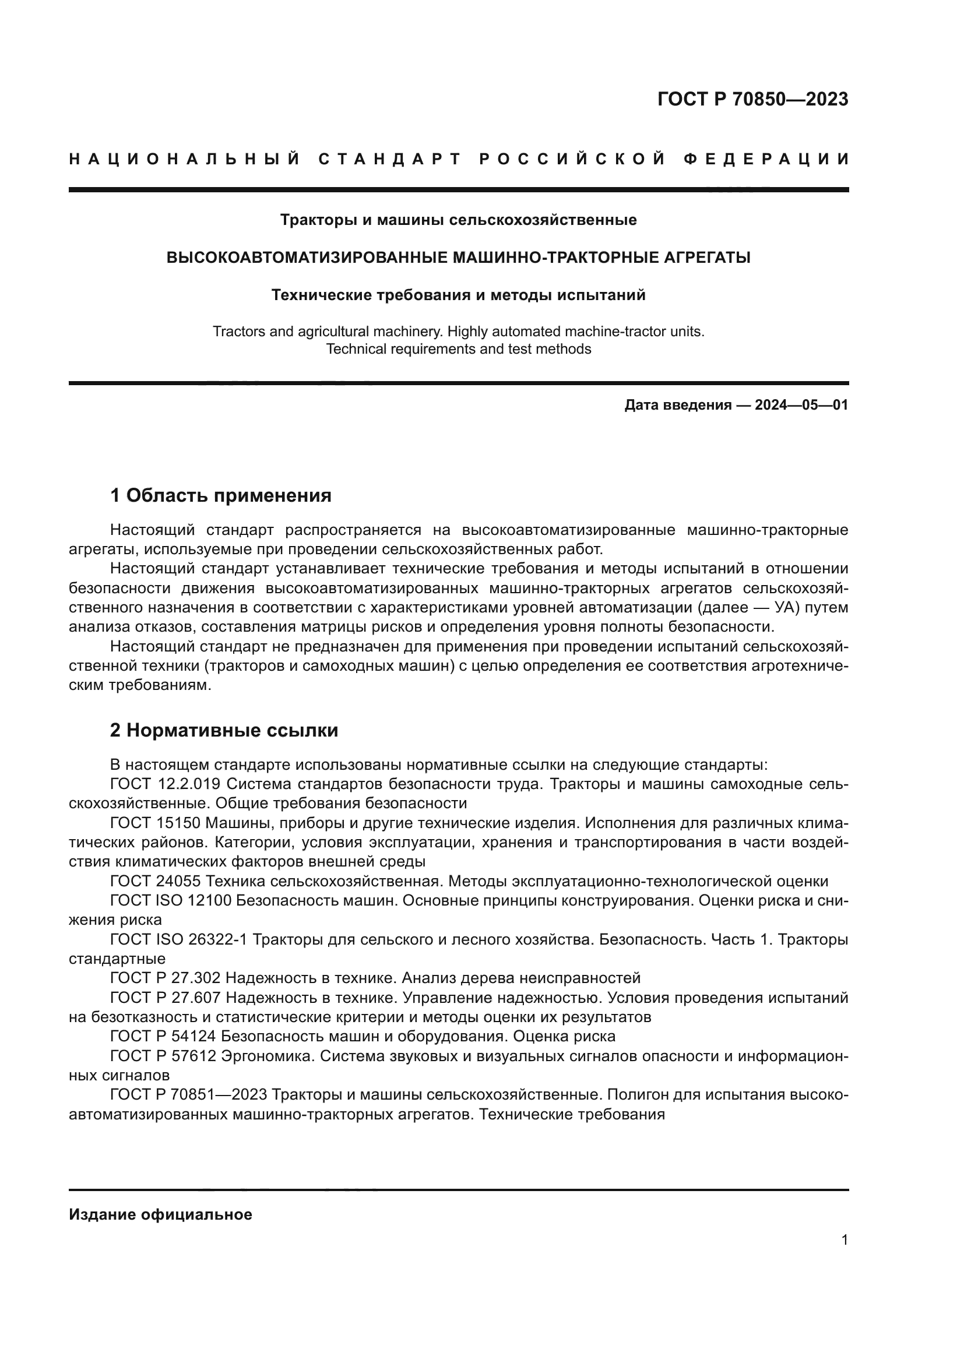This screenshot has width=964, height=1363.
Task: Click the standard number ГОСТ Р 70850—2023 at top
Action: tap(752, 99)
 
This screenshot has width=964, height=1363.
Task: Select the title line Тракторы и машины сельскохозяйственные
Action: tap(458, 220)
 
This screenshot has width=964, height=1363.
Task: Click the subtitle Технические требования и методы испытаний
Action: tap(458, 295)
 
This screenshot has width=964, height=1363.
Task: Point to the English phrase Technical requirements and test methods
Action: tap(458, 349)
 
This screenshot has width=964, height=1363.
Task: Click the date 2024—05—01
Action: tap(801, 406)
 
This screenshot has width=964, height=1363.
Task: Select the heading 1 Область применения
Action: tap(221, 495)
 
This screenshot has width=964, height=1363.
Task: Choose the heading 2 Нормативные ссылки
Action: tap(224, 730)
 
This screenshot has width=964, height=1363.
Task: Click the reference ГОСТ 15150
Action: tap(154, 823)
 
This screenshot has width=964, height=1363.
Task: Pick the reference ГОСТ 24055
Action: tap(154, 882)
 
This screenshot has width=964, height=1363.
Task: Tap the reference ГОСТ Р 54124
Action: tap(161, 1037)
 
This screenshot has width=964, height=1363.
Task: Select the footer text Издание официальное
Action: tap(160, 1214)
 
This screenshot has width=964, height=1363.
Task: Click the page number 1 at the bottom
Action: tap(844, 1240)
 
